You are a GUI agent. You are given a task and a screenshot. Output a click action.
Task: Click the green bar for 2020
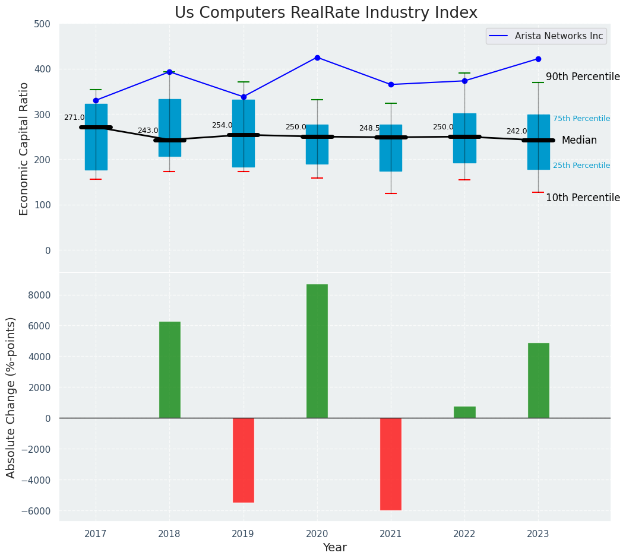click(317, 351)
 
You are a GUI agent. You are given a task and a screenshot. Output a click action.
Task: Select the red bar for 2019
click(243, 460)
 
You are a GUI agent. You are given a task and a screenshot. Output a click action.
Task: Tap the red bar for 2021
click(390, 464)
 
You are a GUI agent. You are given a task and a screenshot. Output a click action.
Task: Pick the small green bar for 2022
click(464, 412)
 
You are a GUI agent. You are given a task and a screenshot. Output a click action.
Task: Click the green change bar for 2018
click(169, 370)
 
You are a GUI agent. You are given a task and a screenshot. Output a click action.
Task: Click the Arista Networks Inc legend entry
click(558, 36)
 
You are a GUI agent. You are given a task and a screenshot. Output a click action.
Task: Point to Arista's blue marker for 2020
click(317, 58)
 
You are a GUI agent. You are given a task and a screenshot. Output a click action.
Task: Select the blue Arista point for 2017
click(96, 100)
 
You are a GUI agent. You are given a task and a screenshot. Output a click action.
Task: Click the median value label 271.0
click(74, 117)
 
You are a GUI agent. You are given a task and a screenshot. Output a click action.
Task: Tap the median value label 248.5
click(369, 128)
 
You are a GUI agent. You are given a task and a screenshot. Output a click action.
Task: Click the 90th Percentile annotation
click(583, 77)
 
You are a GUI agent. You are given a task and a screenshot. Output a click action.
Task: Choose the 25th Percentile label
click(581, 166)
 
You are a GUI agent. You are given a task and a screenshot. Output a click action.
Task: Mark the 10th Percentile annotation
click(583, 198)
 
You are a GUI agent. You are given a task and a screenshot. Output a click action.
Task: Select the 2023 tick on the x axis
click(538, 534)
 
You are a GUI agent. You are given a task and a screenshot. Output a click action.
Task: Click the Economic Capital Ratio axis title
click(24, 148)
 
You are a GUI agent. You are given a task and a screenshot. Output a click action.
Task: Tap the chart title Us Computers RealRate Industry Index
click(325, 12)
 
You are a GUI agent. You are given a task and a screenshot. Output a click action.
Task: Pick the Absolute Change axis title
click(11, 397)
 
